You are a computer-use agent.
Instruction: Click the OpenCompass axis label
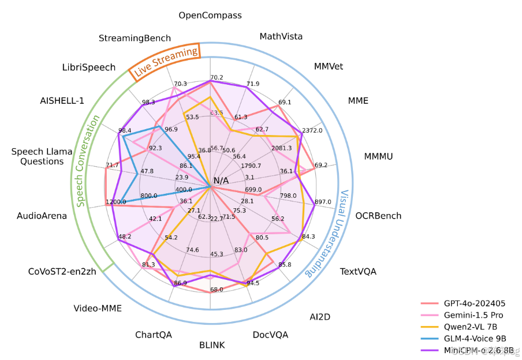click(210, 15)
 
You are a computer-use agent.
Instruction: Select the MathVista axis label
click(281, 36)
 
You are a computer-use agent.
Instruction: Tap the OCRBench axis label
click(378, 216)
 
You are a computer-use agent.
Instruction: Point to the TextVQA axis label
click(358, 271)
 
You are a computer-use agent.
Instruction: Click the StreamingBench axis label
click(135, 38)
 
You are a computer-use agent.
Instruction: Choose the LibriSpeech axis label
click(89, 67)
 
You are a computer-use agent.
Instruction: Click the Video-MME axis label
click(98, 308)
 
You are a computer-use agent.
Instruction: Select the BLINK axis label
click(212, 345)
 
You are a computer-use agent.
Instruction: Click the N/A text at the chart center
click(221, 181)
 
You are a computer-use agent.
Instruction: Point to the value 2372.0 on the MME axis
click(312, 130)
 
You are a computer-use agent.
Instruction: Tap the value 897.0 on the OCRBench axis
click(321, 202)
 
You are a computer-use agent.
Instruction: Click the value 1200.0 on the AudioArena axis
click(115, 202)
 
